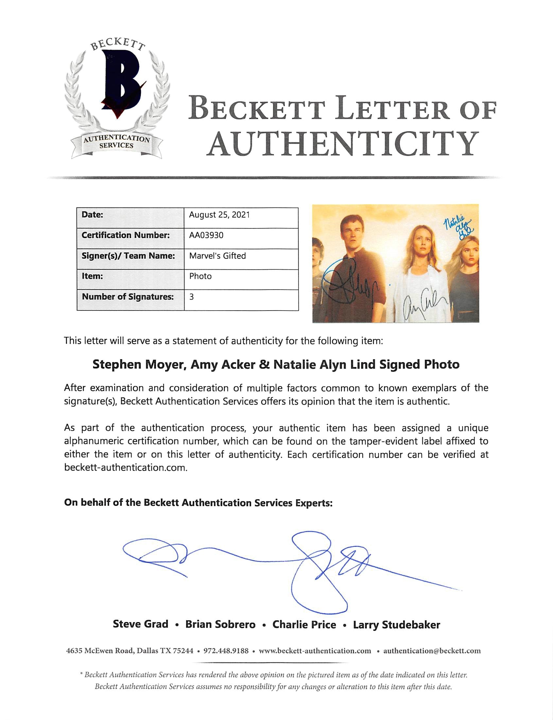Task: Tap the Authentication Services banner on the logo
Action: (116, 142)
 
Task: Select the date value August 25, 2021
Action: (219, 215)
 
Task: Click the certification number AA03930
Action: (206, 236)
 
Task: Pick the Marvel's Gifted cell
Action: (217, 256)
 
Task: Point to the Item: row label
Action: (92, 276)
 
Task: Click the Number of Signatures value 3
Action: (191, 297)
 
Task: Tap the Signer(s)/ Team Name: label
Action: (128, 256)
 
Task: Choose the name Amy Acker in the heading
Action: (223, 365)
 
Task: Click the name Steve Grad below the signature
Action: (141, 624)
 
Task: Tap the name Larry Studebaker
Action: (396, 625)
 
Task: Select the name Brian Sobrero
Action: (220, 624)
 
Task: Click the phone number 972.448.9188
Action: (226, 651)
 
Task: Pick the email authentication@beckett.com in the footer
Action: (432, 651)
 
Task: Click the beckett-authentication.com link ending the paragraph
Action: (125, 468)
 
